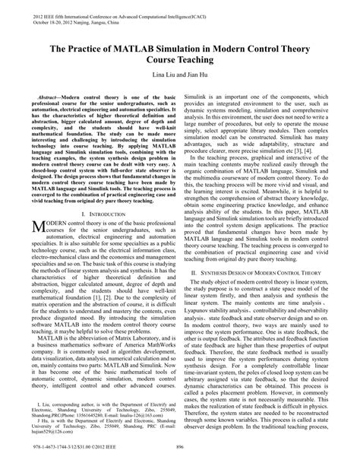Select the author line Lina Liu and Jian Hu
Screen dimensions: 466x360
point(179,78)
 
